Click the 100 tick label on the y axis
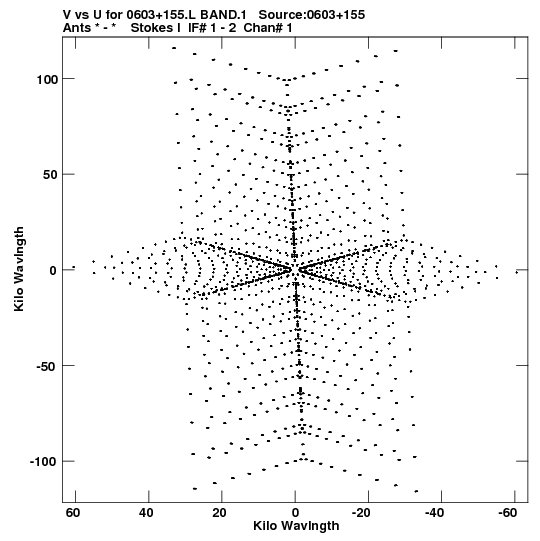click(x=46, y=79)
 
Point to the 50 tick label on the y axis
click(x=50, y=175)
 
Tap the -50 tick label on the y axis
click(x=46, y=366)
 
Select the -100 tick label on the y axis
click(x=43, y=462)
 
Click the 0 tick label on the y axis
click(x=53, y=270)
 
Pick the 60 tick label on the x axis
click(x=73, y=513)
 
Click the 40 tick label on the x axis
click(x=146, y=513)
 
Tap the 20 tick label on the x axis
click(x=219, y=513)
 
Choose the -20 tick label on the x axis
click(x=361, y=513)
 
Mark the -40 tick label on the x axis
click(x=434, y=513)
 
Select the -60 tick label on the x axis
click(x=508, y=513)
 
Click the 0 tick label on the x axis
click(x=295, y=513)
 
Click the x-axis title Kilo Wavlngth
click(x=296, y=526)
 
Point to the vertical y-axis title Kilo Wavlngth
click(x=19, y=269)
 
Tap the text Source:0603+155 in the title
click(x=312, y=15)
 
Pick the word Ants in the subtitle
click(x=77, y=28)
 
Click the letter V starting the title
click(x=67, y=15)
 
